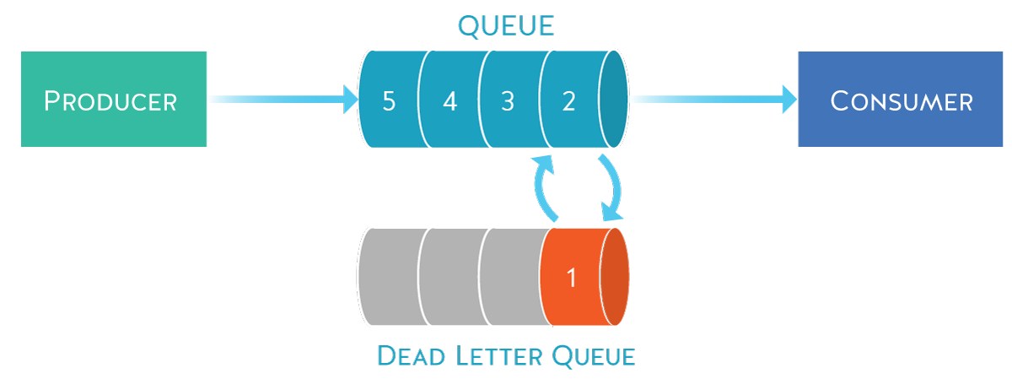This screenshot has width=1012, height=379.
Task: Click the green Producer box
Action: (x=113, y=100)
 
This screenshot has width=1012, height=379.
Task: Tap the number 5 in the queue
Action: (x=388, y=101)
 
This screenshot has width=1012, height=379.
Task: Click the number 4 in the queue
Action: (x=449, y=101)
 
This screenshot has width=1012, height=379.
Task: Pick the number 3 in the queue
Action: (x=508, y=101)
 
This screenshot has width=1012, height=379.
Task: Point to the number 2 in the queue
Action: (x=568, y=101)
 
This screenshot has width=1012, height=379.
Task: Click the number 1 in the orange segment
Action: (x=571, y=277)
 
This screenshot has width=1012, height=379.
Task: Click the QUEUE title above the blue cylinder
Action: (x=506, y=25)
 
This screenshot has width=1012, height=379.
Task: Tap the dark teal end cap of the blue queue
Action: (x=614, y=100)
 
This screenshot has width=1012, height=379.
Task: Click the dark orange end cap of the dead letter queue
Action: (x=615, y=276)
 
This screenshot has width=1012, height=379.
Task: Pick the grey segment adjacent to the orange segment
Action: (x=511, y=277)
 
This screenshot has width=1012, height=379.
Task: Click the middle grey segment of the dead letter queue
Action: (x=450, y=277)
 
